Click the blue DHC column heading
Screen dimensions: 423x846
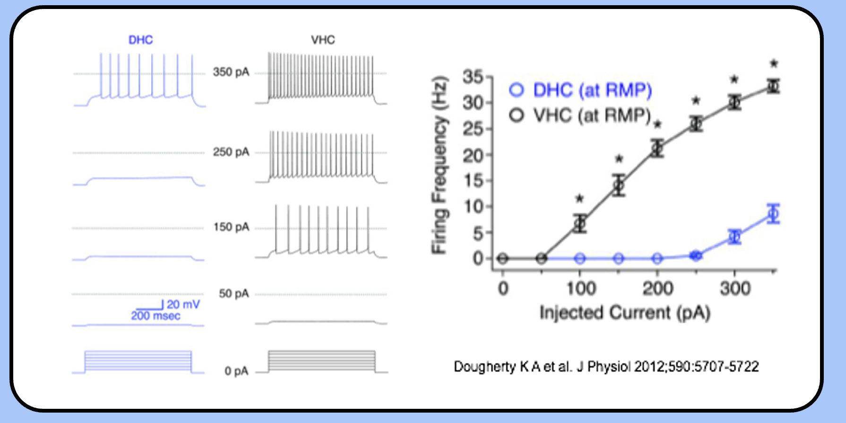click(x=140, y=40)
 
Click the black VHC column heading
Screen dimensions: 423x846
click(x=323, y=40)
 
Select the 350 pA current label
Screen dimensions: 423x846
click(x=231, y=72)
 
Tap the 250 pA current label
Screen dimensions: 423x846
click(x=231, y=152)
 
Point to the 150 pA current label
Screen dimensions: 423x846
click(x=231, y=227)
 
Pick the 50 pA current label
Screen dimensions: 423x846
click(x=233, y=293)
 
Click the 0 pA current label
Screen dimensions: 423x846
click(x=236, y=371)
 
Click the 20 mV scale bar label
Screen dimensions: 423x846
click(x=183, y=304)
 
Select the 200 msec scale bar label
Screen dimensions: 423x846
click(x=155, y=316)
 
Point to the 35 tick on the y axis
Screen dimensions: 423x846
click(x=473, y=77)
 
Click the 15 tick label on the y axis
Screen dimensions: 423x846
click(x=473, y=181)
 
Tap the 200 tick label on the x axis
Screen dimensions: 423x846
click(x=657, y=288)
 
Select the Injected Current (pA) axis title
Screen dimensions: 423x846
click(x=625, y=313)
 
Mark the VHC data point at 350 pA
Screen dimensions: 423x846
click(x=773, y=86)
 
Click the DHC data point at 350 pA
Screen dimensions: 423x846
click(x=773, y=214)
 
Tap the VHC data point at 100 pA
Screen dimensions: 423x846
click(x=580, y=223)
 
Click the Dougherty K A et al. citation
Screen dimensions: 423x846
click(x=606, y=367)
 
